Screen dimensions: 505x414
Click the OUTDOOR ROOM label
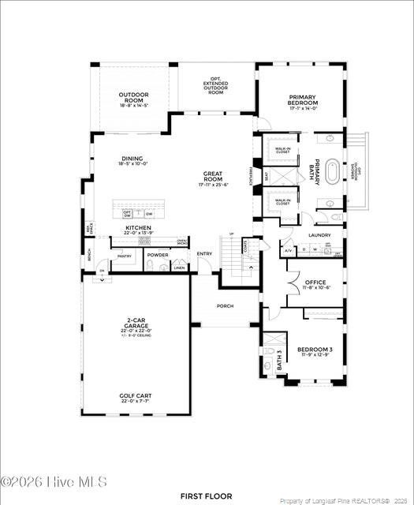[133, 98]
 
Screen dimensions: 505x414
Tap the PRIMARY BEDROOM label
[303, 100]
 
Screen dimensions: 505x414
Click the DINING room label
[132, 160]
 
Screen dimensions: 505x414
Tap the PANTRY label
[125, 256]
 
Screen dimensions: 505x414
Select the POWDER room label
[158, 255]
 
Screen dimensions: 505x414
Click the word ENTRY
[204, 253]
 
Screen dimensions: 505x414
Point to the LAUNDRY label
[319, 234]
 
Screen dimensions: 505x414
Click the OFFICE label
[315, 282]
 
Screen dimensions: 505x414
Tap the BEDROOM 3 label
[315, 349]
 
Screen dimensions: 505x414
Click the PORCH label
[226, 307]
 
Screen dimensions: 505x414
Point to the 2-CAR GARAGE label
[133, 324]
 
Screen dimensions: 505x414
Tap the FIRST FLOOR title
[207, 496]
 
